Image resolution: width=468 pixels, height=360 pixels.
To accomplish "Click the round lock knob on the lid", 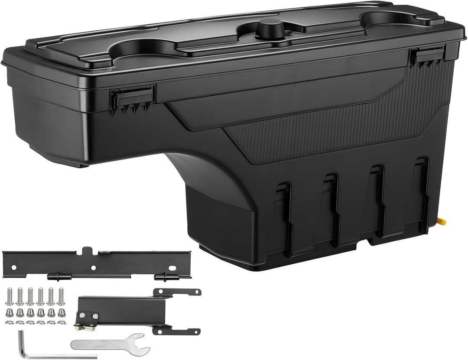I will point(269,29).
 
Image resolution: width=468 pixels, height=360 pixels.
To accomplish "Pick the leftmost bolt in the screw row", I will point(10,297).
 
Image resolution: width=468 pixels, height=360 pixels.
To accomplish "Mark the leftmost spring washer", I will point(9,322).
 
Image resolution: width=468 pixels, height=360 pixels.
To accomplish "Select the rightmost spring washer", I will point(62,322).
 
